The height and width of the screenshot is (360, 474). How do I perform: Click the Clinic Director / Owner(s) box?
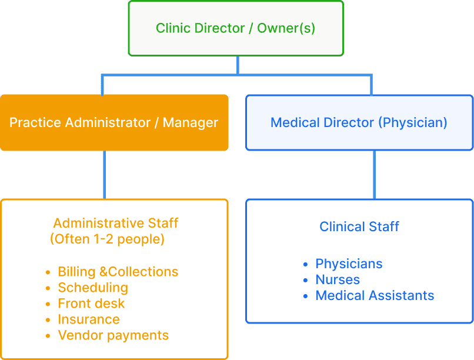click(x=235, y=28)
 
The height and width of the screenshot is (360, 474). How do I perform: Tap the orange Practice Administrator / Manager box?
click(x=114, y=122)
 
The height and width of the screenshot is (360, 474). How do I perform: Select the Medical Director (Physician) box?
click(x=359, y=122)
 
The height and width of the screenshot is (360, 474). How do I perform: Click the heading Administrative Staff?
click(x=115, y=224)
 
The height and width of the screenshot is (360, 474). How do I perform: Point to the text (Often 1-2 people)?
click(x=107, y=239)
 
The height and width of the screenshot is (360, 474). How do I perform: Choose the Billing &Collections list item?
click(x=118, y=272)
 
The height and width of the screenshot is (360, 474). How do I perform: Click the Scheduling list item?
click(x=93, y=288)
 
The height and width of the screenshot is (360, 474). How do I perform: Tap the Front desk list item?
click(x=91, y=304)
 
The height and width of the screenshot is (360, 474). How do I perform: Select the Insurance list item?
click(x=89, y=319)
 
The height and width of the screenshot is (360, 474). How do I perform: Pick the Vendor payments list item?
click(x=113, y=335)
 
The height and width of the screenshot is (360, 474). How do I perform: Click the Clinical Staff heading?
click(x=359, y=226)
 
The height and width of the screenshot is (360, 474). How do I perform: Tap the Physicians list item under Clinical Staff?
click(x=349, y=264)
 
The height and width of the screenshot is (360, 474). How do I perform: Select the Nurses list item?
click(x=338, y=279)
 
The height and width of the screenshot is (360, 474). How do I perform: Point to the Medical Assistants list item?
click(x=375, y=295)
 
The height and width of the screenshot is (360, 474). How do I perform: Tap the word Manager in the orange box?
click(x=191, y=122)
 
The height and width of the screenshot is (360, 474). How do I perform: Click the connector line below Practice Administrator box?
click(x=105, y=175)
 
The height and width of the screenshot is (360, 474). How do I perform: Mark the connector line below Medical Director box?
click(x=375, y=175)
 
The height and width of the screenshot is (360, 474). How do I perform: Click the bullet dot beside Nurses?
click(x=305, y=280)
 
